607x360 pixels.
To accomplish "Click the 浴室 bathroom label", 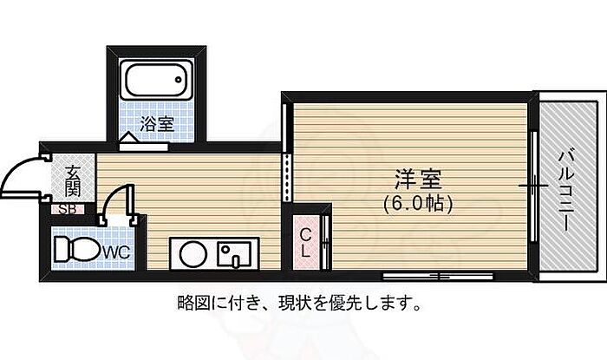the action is [157, 124].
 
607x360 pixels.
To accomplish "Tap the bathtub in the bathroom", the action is [156, 81].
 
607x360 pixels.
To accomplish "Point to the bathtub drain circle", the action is [178, 80].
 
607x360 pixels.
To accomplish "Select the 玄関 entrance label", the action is [73, 180].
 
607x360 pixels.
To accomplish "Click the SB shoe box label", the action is [68, 209].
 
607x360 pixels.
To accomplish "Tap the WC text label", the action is [116, 252].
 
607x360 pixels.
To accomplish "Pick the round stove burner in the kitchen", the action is [193, 254].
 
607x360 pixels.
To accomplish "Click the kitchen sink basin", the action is [233, 254].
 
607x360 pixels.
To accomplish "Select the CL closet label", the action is [306, 243].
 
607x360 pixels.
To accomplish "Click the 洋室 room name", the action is [418, 180].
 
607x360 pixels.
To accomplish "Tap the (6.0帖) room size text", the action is [418, 204].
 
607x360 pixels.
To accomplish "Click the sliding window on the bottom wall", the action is [438, 277].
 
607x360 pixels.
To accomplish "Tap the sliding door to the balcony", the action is [534, 187].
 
